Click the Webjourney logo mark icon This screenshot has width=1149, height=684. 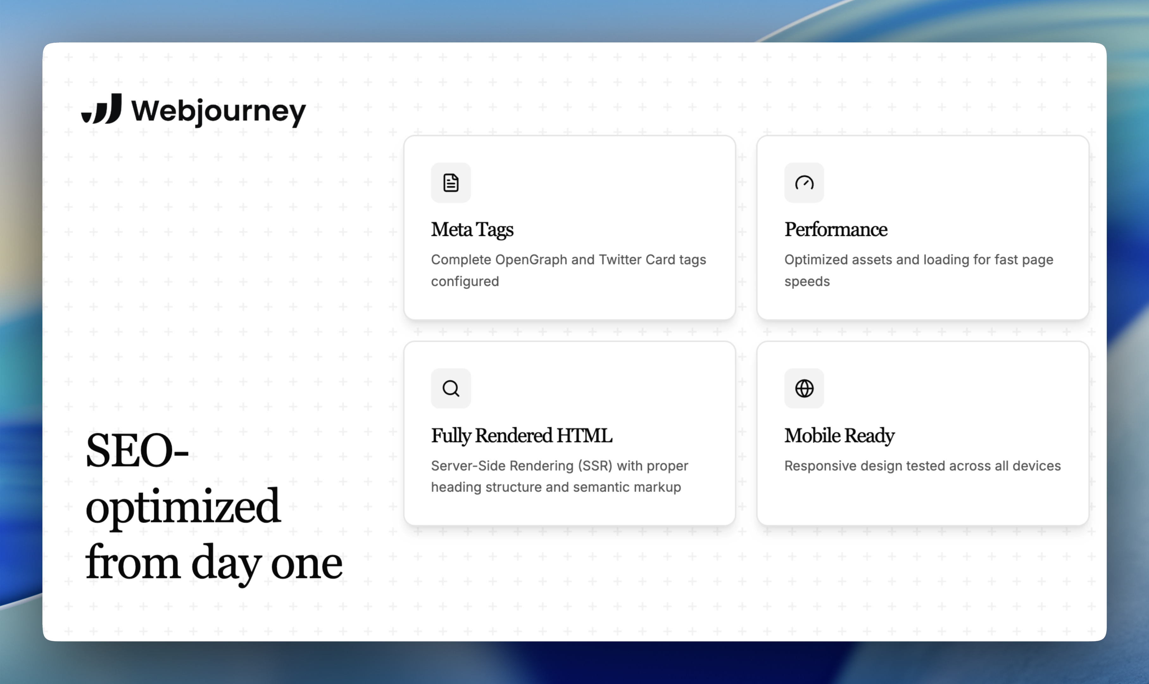(x=102, y=109)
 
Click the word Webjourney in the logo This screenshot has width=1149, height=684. (x=218, y=111)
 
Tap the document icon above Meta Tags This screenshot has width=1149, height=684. (x=450, y=182)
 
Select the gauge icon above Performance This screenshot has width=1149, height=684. (x=804, y=182)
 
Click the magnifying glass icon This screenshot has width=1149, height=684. (x=450, y=388)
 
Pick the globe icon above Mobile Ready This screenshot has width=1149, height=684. (x=804, y=388)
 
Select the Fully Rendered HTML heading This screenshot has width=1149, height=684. (x=522, y=435)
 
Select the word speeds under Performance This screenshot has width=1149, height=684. (x=807, y=282)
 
